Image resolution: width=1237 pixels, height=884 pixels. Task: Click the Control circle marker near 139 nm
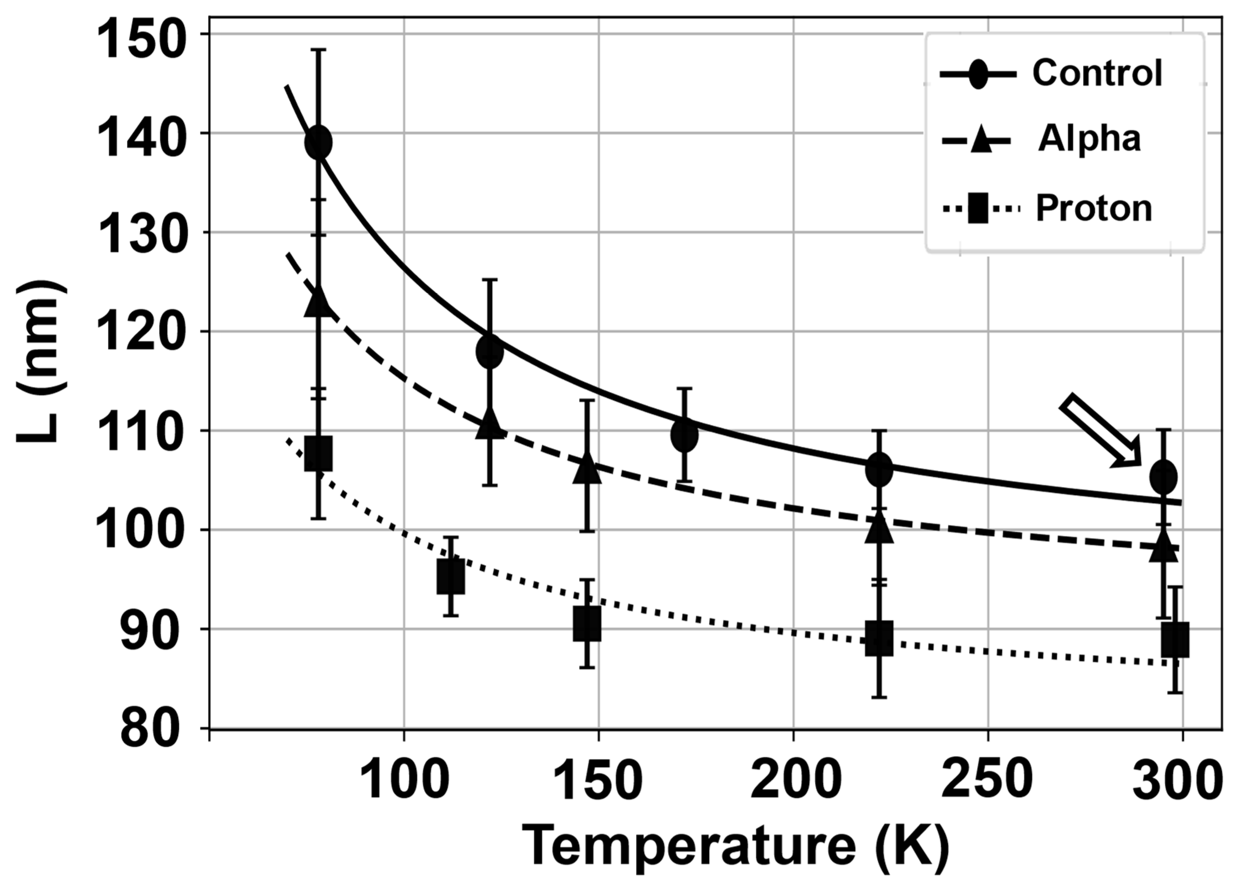(319, 142)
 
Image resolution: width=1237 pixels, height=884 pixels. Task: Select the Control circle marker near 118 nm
(490, 352)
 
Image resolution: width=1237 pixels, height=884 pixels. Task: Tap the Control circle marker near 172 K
(684, 434)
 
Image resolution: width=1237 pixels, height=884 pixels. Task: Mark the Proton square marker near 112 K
(451, 576)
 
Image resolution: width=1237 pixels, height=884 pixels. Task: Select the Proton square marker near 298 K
(1175, 640)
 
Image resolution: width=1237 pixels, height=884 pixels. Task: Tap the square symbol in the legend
(977, 209)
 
